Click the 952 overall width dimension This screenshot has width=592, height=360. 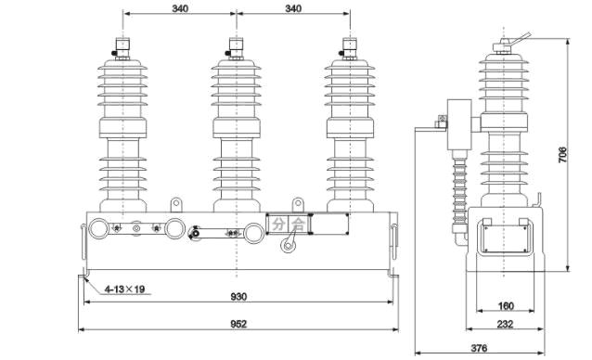238,324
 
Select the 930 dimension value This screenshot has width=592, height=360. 238,297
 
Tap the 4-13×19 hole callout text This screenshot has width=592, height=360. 125,289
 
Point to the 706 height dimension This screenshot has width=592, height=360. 562,155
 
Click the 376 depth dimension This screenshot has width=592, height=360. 479,348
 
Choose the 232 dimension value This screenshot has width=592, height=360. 505,324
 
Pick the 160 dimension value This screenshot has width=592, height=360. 506,305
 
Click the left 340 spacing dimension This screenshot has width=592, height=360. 180,8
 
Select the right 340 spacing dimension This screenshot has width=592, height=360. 293,8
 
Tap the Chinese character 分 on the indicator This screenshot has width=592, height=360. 278,225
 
